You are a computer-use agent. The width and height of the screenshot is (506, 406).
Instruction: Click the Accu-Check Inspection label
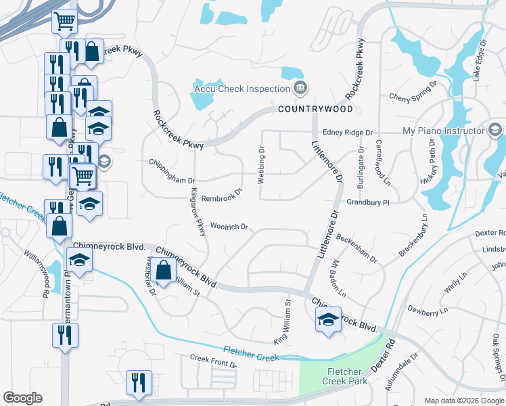click(x=242, y=89)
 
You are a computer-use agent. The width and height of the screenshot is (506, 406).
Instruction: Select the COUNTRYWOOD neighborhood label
click(x=315, y=109)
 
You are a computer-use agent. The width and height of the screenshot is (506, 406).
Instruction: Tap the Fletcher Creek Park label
click(x=347, y=376)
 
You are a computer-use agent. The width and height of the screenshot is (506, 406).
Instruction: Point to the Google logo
click(x=22, y=398)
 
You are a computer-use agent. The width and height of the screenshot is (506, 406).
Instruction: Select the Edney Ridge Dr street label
click(x=348, y=133)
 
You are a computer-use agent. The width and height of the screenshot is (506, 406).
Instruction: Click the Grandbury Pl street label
click(x=368, y=202)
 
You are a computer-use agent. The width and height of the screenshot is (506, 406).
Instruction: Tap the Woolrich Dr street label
click(x=230, y=226)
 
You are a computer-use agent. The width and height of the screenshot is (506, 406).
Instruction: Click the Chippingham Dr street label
click(x=172, y=181)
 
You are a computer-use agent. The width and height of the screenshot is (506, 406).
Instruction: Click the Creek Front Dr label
click(x=213, y=361)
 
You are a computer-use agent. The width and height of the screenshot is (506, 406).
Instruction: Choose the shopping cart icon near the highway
click(x=64, y=21)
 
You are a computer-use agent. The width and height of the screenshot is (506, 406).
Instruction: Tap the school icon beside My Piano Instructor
click(x=495, y=130)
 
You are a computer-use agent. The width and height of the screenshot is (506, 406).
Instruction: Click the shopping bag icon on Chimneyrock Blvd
click(x=164, y=270)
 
